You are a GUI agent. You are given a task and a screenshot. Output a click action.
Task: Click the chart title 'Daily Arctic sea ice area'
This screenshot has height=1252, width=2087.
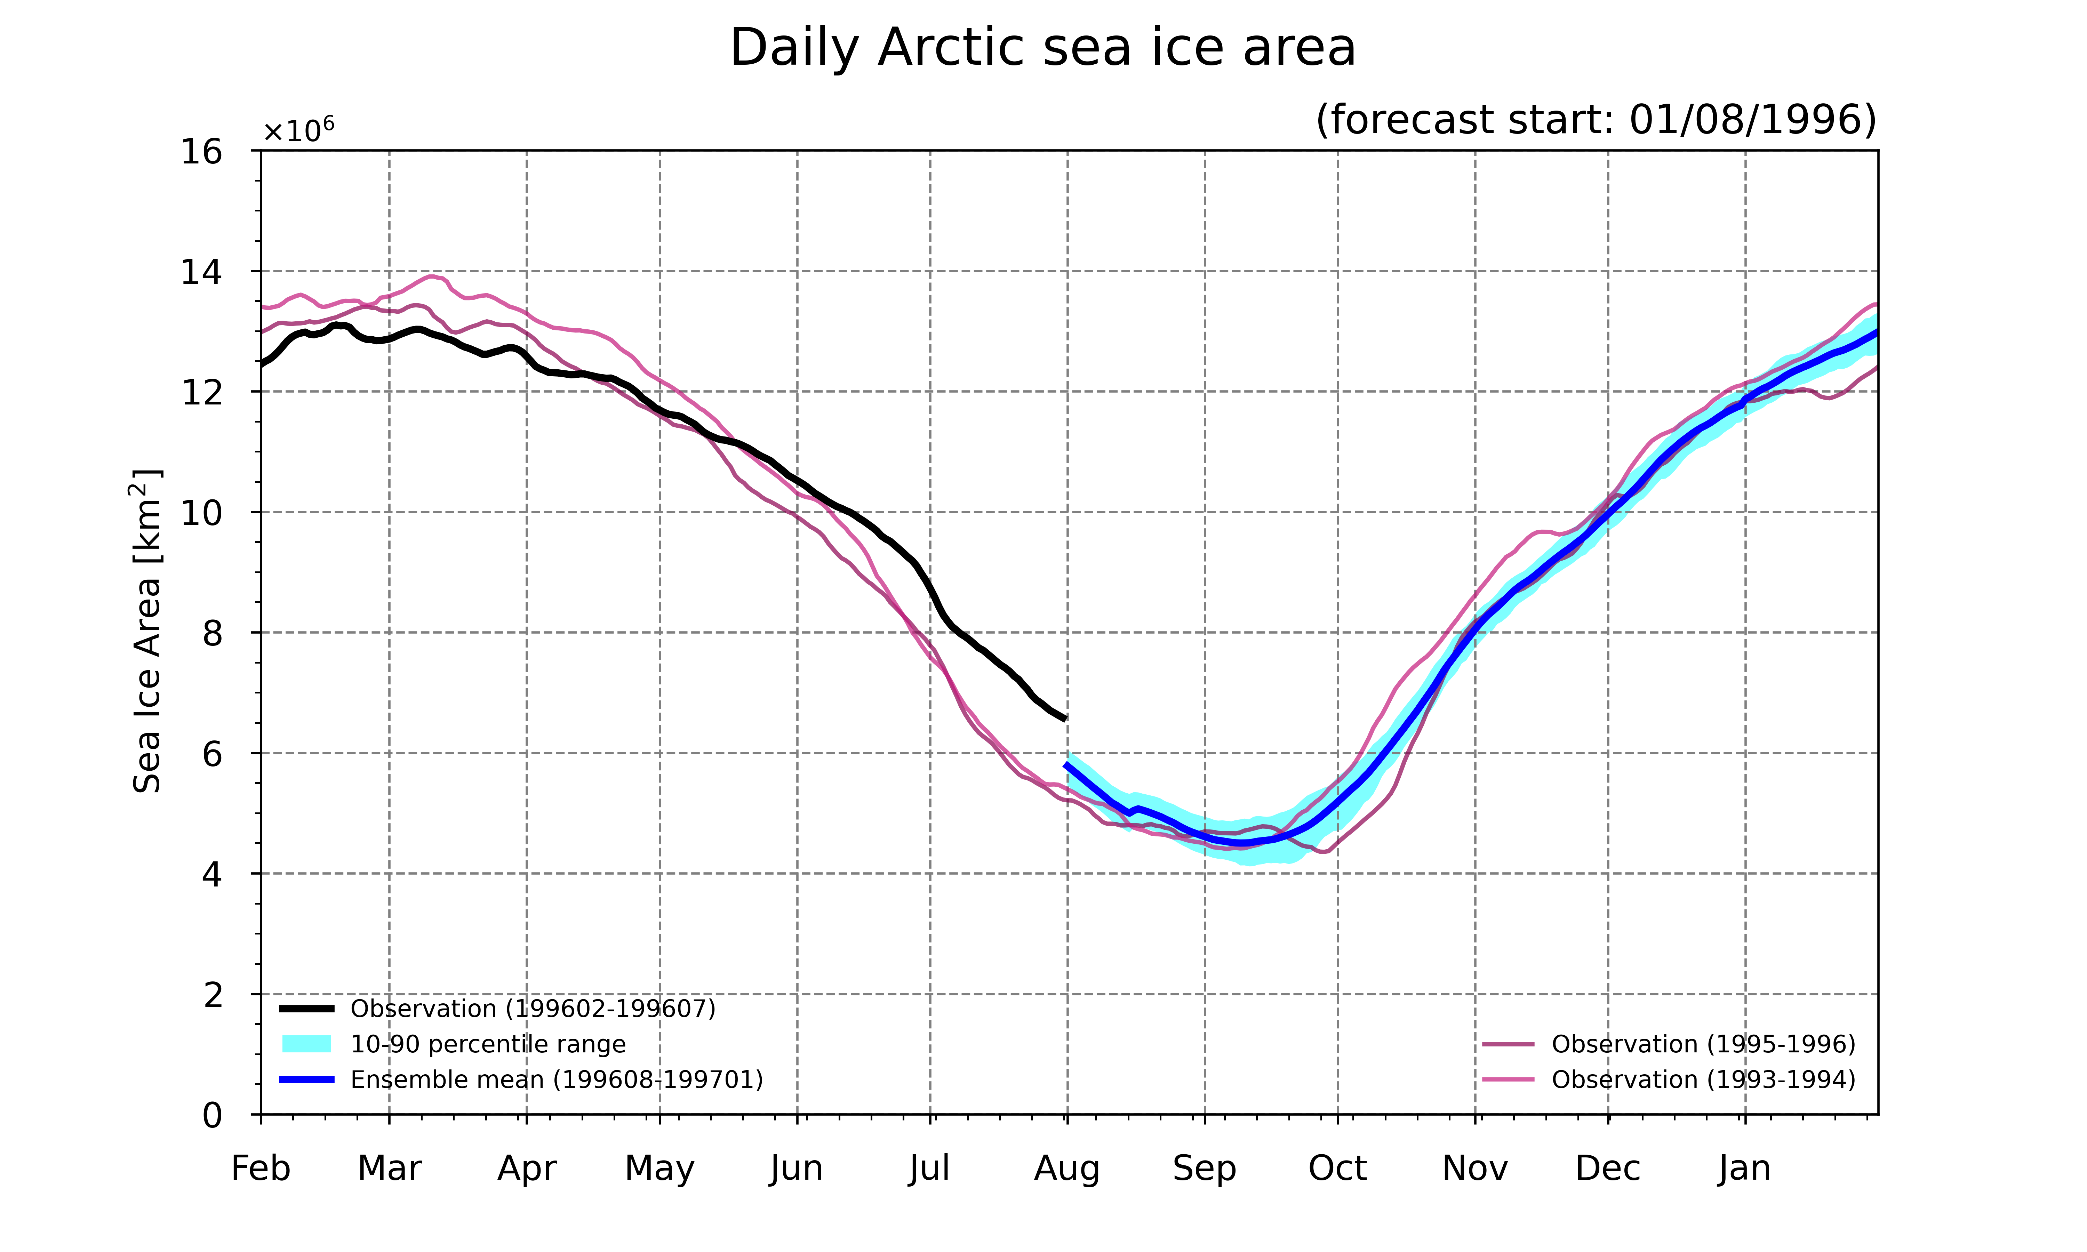[x=1043, y=48]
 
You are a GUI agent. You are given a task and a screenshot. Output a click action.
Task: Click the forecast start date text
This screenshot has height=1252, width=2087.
[x=1596, y=120]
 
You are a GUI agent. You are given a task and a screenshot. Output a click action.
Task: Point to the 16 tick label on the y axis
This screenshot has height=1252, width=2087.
[x=202, y=152]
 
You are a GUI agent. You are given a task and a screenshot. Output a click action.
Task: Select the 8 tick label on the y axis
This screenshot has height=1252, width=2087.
[x=213, y=633]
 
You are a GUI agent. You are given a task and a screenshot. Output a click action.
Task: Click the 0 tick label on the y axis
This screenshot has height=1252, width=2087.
[x=213, y=1115]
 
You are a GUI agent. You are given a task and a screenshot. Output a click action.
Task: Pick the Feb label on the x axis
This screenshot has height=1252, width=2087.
[x=261, y=1169]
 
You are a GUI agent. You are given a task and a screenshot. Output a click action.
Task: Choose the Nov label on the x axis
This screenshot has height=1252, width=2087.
[x=1476, y=1169]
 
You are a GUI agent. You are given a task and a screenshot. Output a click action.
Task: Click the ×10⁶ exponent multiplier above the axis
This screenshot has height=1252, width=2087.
[x=299, y=131]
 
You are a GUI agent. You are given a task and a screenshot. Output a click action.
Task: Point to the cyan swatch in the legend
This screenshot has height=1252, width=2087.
[x=306, y=1044]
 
